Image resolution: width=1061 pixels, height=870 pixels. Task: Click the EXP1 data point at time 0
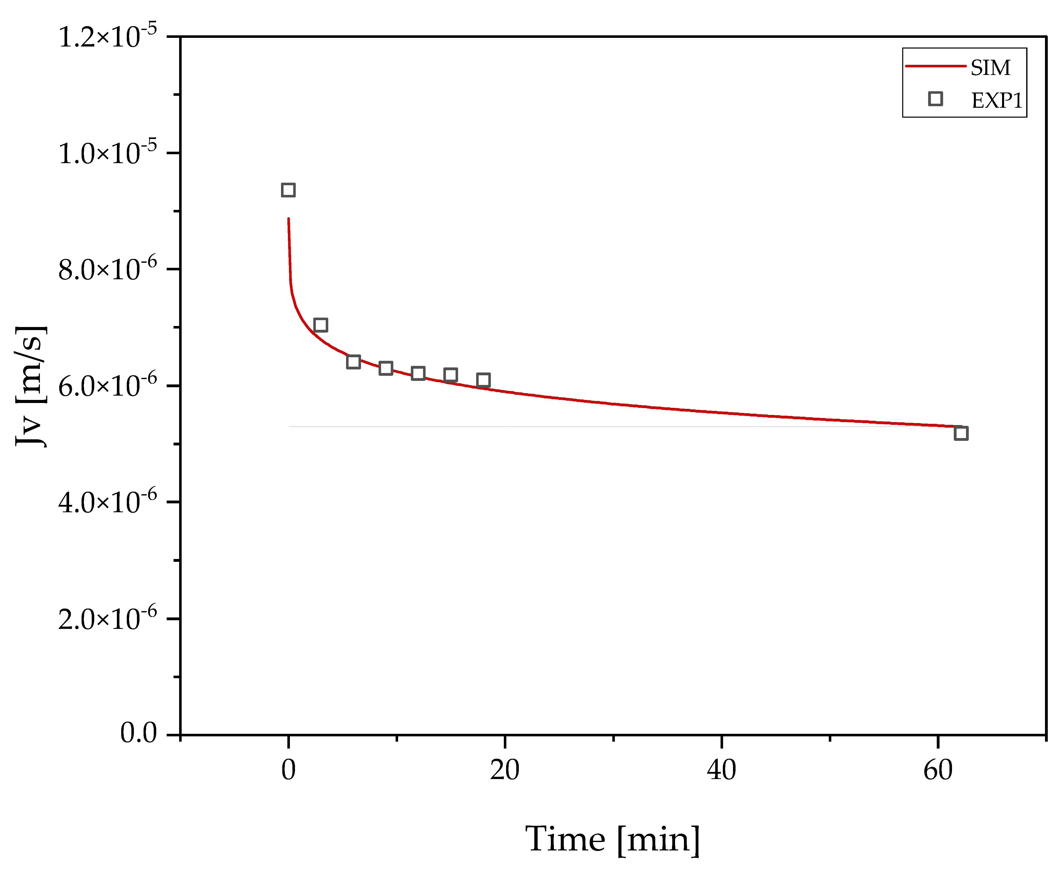(288, 190)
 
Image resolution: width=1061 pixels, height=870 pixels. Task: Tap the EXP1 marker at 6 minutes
(353, 362)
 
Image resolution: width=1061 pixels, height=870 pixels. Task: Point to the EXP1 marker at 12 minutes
(418, 373)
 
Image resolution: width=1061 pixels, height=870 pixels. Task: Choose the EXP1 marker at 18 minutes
(483, 380)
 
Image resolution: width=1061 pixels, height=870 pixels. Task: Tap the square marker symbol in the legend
(935, 99)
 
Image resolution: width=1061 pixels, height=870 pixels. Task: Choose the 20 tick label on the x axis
(505, 770)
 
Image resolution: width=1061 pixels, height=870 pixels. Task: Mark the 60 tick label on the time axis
(938, 770)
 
